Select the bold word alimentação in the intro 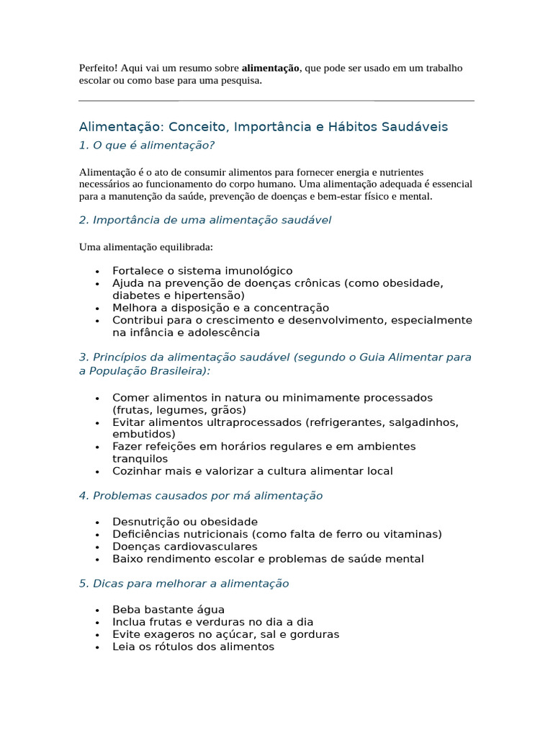point(270,68)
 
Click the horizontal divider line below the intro point(276,101)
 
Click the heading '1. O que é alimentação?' point(147,146)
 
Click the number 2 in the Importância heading point(83,220)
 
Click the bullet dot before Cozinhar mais point(96,472)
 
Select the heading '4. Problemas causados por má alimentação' point(201,496)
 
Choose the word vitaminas point(410,534)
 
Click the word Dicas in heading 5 point(109,584)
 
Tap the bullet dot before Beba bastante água point(96,610)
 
